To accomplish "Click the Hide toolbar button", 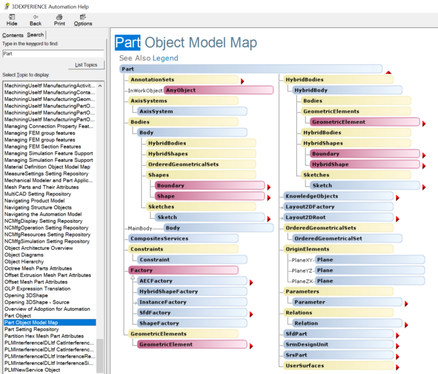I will click(11, 19).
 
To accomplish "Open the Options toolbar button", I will click(83, 19).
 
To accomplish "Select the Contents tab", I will click(13, 35).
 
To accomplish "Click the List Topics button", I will click(86, 65).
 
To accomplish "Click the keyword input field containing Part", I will click(53, 53).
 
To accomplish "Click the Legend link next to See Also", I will click(165, 58).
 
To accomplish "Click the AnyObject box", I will click(218, 90).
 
